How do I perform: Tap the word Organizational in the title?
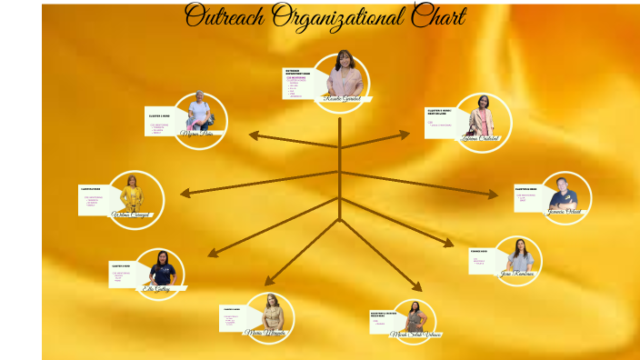(331, 16)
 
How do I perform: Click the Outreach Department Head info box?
(297, 83)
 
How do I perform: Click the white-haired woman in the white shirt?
(199, 115)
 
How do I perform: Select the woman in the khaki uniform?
(271, 313)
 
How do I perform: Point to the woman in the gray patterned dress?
(415, 317)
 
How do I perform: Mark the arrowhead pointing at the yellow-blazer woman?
(185, 193)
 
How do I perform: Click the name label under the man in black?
(565, 212)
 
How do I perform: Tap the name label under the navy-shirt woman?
(156, 289)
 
